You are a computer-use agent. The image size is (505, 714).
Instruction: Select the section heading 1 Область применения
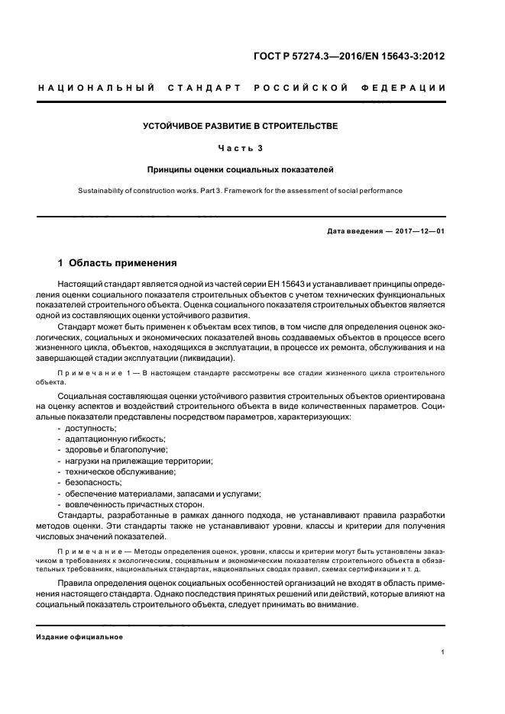click(x=118, y=263)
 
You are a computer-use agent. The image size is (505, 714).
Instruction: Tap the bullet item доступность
click(x=87, y=429)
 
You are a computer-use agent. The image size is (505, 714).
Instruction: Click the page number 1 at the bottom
click(x=443, y=652)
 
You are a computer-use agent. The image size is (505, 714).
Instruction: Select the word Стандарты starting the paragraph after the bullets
click(x=81, y=515)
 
